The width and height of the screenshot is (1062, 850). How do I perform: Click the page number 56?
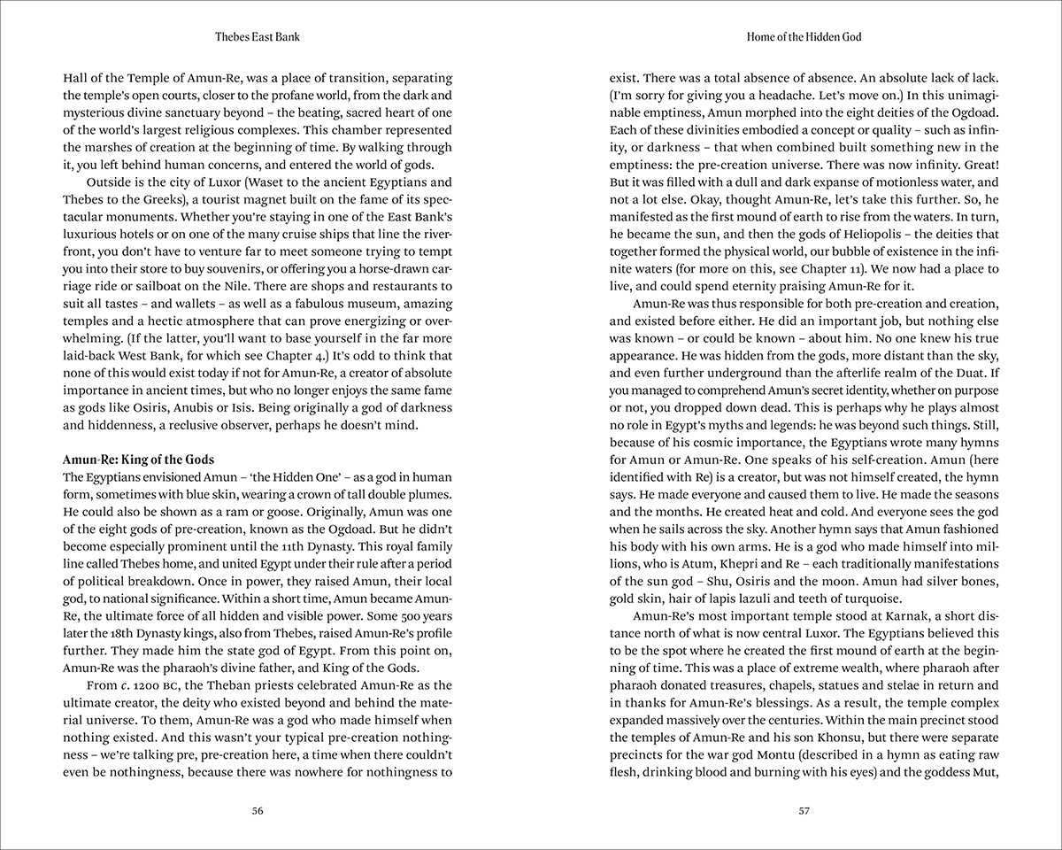pos(258,810)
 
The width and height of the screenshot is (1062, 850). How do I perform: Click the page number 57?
pos(804,810)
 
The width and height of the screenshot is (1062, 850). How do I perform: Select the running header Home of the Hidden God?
pos(804,37)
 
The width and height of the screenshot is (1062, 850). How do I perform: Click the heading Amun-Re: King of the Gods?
pos(139,460)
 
